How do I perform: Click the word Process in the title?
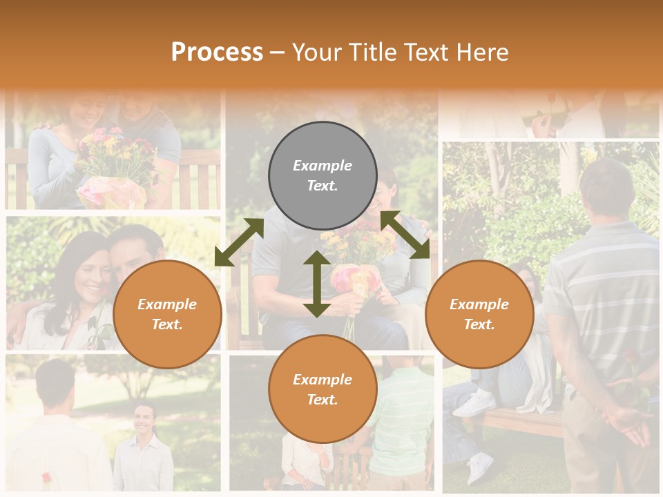[217, 52]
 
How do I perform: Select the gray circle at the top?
[323, 175]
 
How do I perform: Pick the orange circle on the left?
[167, 314]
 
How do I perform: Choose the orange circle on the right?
[479, 314]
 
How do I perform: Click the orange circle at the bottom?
[323, 389]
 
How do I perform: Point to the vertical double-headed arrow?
[316, 284]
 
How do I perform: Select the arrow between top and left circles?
[239, 242]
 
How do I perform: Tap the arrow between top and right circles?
[405, 235]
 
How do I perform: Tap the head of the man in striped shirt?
[606, 186]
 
